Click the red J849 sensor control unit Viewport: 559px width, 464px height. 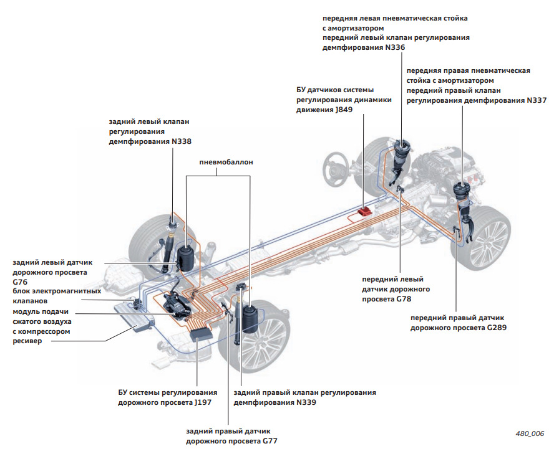tap(362, 213)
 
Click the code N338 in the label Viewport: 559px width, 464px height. tap(179, 141)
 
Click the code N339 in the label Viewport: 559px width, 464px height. tap(306, 402)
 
